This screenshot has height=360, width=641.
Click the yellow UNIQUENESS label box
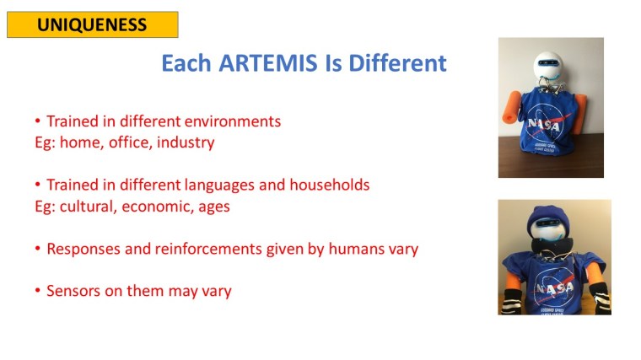(92, 24)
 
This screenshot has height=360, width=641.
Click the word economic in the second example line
(149, 206)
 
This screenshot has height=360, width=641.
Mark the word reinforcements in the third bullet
(196, 249)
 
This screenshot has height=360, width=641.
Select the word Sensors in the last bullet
(73, 291)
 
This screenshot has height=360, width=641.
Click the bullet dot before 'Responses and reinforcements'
(38, 250)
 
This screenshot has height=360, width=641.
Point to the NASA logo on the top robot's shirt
(548, 126)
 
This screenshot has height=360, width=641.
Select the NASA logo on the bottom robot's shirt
(555, 289)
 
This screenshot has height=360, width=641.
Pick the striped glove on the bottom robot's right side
(600, 295)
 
